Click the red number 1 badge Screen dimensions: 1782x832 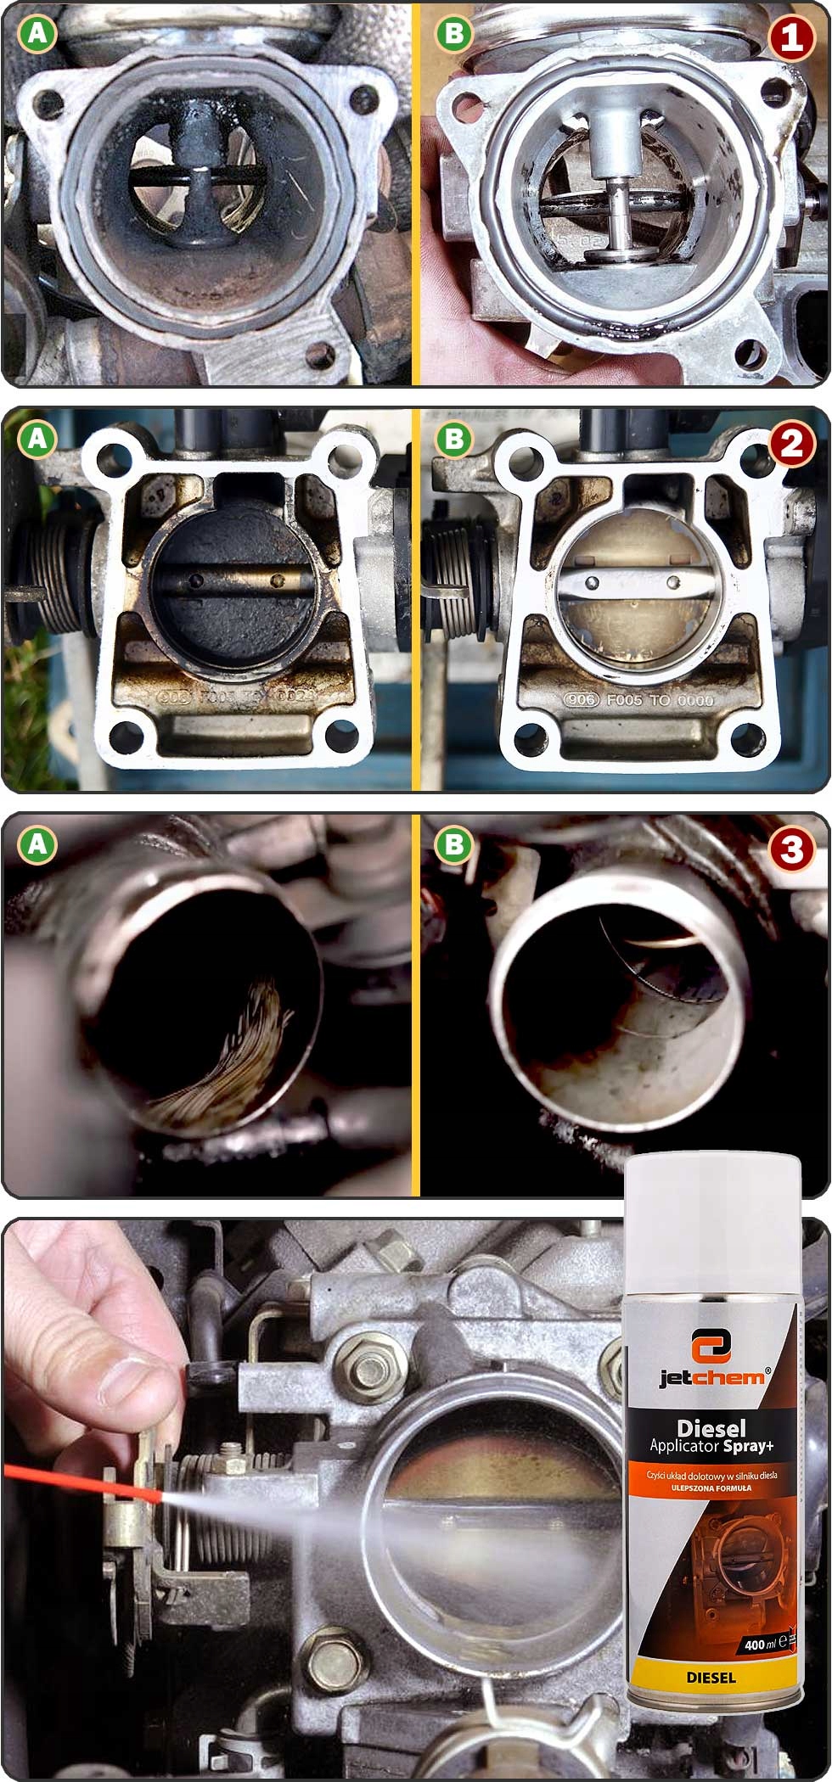coord(791,37)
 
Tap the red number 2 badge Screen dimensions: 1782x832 coord(791,444)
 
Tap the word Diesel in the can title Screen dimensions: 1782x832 coord(711,1427)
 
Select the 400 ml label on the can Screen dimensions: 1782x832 coord(762,1645)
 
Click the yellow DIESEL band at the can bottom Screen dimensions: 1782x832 coord(711,1678)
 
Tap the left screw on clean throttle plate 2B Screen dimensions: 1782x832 coord(593,583)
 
